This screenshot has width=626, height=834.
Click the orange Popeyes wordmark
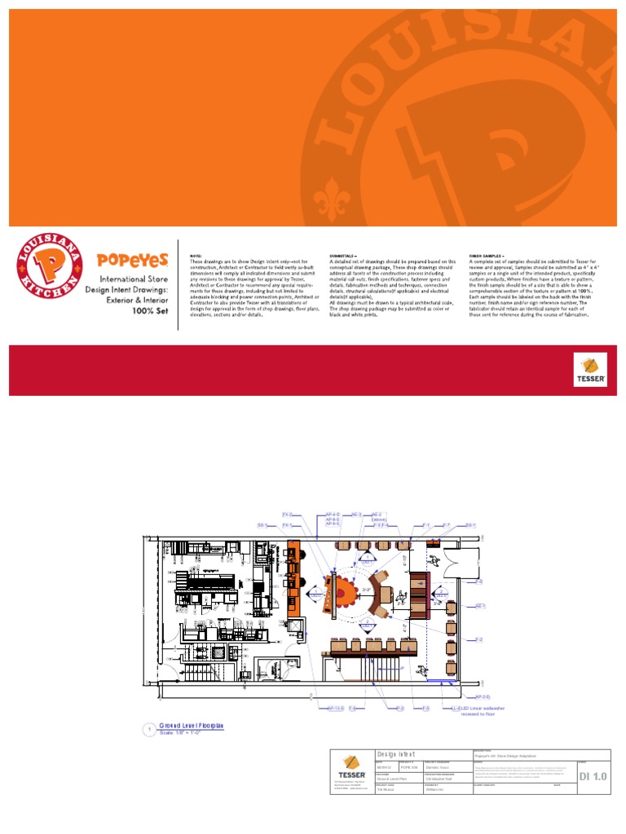tap(133, 260)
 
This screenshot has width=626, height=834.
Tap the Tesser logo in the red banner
tap(589, 370)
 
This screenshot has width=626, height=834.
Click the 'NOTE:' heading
tap(196, 255)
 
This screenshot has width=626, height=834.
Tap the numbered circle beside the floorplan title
tap(149, 730)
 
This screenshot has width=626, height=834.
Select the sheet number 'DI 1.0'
tap(593, 778)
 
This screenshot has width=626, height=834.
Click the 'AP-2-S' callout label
tap(482, 697)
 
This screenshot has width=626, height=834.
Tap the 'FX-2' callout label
tap(287, 515)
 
